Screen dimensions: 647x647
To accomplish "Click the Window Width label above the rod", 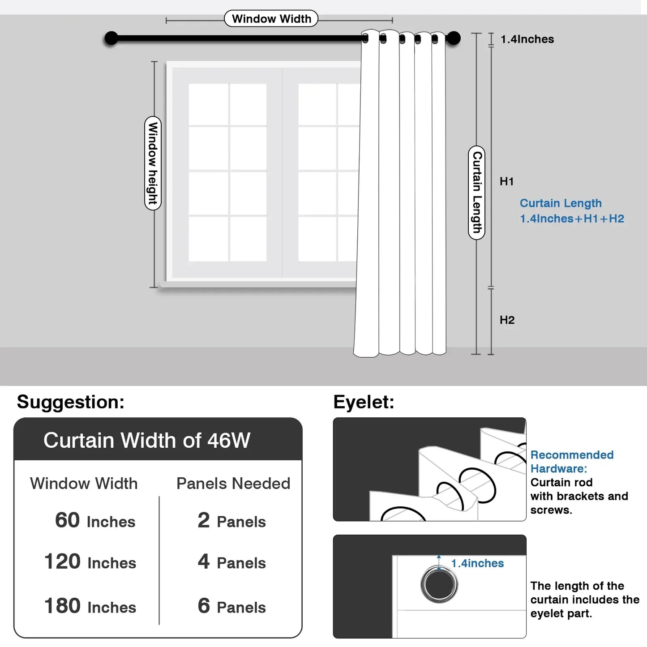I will point(271,19).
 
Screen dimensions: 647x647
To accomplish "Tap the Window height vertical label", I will point(153,163).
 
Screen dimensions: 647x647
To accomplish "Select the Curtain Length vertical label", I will point(477,192).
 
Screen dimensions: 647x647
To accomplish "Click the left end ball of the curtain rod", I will point(111,39).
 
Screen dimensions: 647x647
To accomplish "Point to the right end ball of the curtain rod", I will point(454,39).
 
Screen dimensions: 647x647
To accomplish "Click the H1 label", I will point(506,181).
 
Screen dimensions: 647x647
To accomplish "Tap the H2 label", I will point(507,320).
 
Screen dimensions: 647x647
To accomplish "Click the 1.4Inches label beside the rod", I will point(527,39).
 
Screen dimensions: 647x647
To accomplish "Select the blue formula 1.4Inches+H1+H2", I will point(572,219).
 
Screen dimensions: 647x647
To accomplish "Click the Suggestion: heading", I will point(71,402).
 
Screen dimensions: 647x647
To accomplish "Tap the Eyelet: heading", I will point(364,402).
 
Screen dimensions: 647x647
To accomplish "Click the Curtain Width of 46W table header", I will point(147,440).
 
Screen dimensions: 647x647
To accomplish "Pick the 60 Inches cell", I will point(95,521).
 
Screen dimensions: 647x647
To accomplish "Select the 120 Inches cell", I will point(90,562).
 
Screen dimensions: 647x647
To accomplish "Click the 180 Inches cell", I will point(90,606).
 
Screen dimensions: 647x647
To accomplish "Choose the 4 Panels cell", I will point(231,562).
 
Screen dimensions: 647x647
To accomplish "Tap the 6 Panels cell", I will point(231,606).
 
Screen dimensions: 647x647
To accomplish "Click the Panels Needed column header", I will point(233,484).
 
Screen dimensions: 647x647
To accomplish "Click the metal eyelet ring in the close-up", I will point(439,584).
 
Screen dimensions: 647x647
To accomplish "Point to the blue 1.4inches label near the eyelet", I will point(477,563).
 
